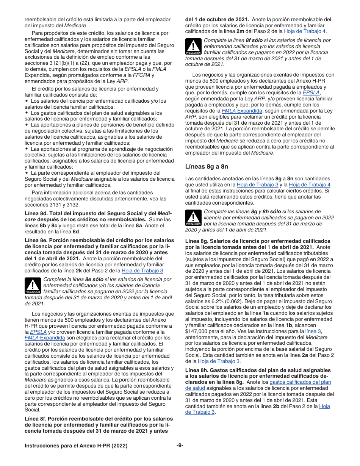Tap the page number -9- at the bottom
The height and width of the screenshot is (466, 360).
(180, 446)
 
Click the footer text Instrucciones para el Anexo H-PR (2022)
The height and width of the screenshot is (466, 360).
(76, 446)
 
